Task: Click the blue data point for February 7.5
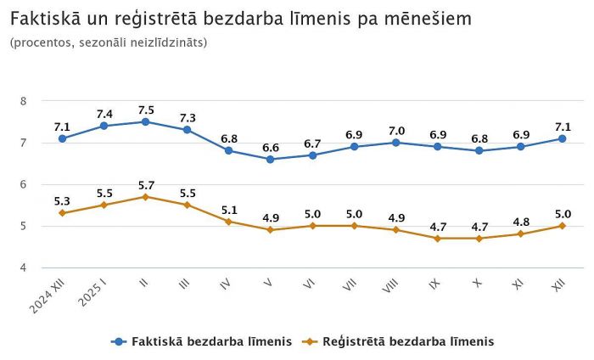point(145,121)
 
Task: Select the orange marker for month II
point(145,196)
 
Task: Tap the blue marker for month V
point(270,159)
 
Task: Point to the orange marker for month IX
point(437,239)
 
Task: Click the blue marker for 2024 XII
point(62,138)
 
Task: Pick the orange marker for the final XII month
point(562,226)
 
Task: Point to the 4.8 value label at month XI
point(520,222)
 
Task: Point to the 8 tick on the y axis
point(24,101)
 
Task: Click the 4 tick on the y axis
point(24,267)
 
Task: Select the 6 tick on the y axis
point(24,184)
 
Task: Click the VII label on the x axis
point(348,285)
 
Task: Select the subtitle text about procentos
point(109,42)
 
